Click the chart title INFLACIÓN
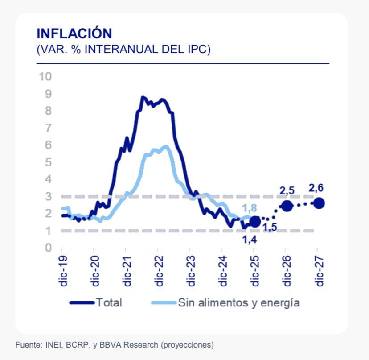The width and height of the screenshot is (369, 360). point(74,33)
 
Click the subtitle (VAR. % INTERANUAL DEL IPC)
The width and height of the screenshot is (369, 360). point(123,50)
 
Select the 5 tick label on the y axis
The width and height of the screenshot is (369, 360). point(48,162)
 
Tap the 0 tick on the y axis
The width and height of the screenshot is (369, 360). point(48,248)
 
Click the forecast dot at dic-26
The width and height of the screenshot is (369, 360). point(287,206)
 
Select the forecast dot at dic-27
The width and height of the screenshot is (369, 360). point(319,203)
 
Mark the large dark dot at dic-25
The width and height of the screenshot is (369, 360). point(255,222)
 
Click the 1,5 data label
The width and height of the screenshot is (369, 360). point(270,228)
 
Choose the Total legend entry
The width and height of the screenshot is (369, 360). point(109,303)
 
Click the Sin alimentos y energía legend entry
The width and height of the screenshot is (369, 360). point(239,303)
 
